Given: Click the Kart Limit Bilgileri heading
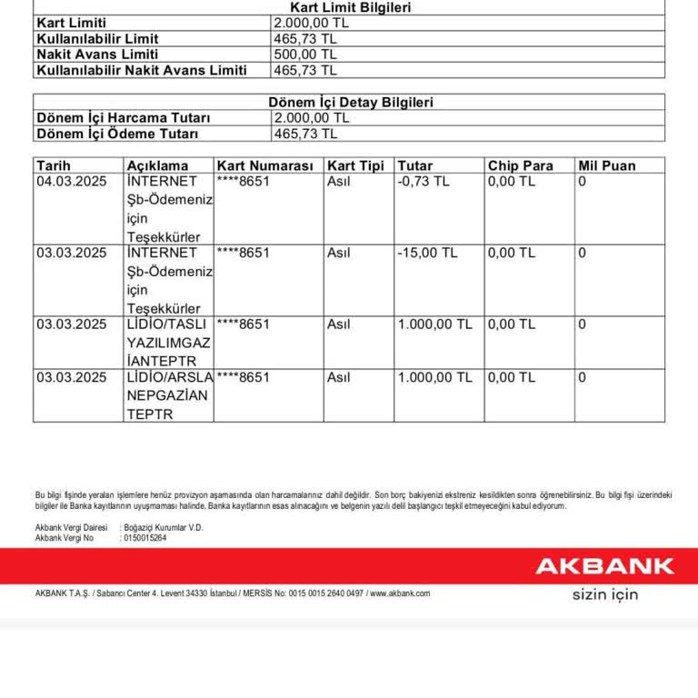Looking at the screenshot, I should click(350, 7).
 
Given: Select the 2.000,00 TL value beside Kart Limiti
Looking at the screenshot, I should click(311, 23).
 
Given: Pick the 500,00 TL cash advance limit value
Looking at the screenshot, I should click(304, 54).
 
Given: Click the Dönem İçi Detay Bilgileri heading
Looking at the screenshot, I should click(350, 103).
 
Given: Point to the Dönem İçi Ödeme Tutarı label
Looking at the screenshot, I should click(116, 134).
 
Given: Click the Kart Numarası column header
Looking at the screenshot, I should click(265, 165).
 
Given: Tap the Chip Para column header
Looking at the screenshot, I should click(521, 165).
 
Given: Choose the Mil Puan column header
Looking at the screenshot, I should click(607, 165).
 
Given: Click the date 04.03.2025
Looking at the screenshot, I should click(72, 181).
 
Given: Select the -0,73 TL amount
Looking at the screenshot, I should click(424, 181).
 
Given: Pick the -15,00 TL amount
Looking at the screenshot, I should click(427, 253).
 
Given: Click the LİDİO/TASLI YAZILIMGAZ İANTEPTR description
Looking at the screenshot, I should click(169, 342).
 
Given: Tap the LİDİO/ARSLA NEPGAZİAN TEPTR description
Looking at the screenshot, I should click(169, 395).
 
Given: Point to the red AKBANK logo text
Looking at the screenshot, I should click(604, 566).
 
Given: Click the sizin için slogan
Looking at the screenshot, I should click(604, 594).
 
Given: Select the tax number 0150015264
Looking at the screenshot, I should click(145, 538).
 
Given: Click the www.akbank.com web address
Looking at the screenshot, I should click(400, 593).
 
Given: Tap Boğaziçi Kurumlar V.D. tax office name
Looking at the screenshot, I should click(164, 527).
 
